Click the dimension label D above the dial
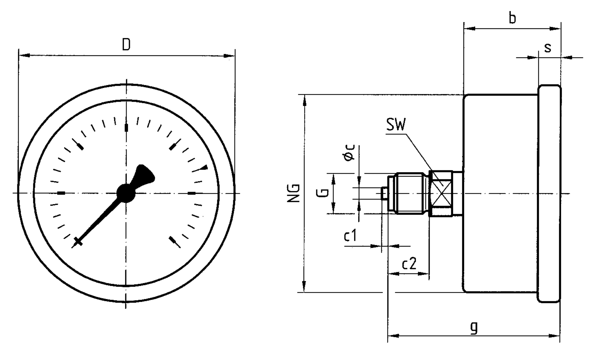point(126,45)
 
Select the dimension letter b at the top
point(512,18)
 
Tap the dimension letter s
point(548,48)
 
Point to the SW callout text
point(396,125)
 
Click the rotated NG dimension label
point(294,193)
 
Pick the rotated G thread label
point(322,192)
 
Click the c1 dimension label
point(350,236)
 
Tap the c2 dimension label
point(409,264)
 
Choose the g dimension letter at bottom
point(474,327)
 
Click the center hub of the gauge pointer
point(126,193)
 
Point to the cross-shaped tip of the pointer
point(78,241)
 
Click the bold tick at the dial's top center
point(126,128)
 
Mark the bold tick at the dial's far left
point(61,193)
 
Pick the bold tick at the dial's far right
point(192,193)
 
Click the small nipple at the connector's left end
point(384,193)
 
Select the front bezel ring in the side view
point(549,193)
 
